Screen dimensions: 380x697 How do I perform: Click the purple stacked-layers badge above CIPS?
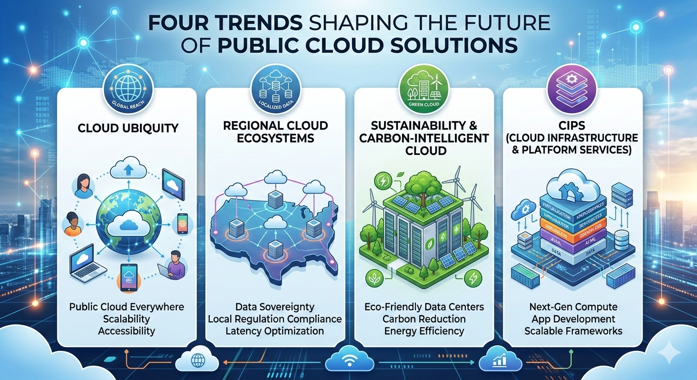click(x=571, y=88)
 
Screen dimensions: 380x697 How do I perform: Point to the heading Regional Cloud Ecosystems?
click(x=275, y=132)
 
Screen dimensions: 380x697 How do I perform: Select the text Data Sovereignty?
click(x=275, y=307)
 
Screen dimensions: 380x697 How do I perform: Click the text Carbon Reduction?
click(x=424, y=319)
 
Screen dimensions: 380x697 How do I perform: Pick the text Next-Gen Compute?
click(x=573, y=307)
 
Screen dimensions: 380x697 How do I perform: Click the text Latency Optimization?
click(x=275, y=331)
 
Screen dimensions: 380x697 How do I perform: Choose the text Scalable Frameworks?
click(x=573, y=331)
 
